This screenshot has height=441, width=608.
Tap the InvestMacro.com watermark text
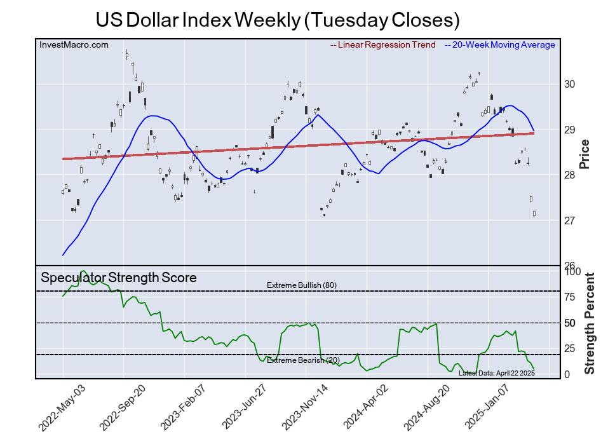point(74,44)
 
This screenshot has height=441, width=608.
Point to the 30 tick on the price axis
point(570,85)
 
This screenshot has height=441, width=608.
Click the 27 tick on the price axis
point(570,221)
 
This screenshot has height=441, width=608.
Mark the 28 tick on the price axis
point(570,175)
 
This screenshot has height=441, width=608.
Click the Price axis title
point(584,154)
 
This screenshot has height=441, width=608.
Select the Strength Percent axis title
point(589,323)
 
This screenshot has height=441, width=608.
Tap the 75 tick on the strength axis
point(570,297)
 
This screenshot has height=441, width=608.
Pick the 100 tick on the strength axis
point(572,271)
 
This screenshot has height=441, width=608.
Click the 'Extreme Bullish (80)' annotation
point(302,285)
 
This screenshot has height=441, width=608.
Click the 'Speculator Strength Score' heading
point(119,278)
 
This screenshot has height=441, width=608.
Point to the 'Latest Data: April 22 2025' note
point(496,373)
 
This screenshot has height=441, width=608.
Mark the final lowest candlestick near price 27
point(534,214)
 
